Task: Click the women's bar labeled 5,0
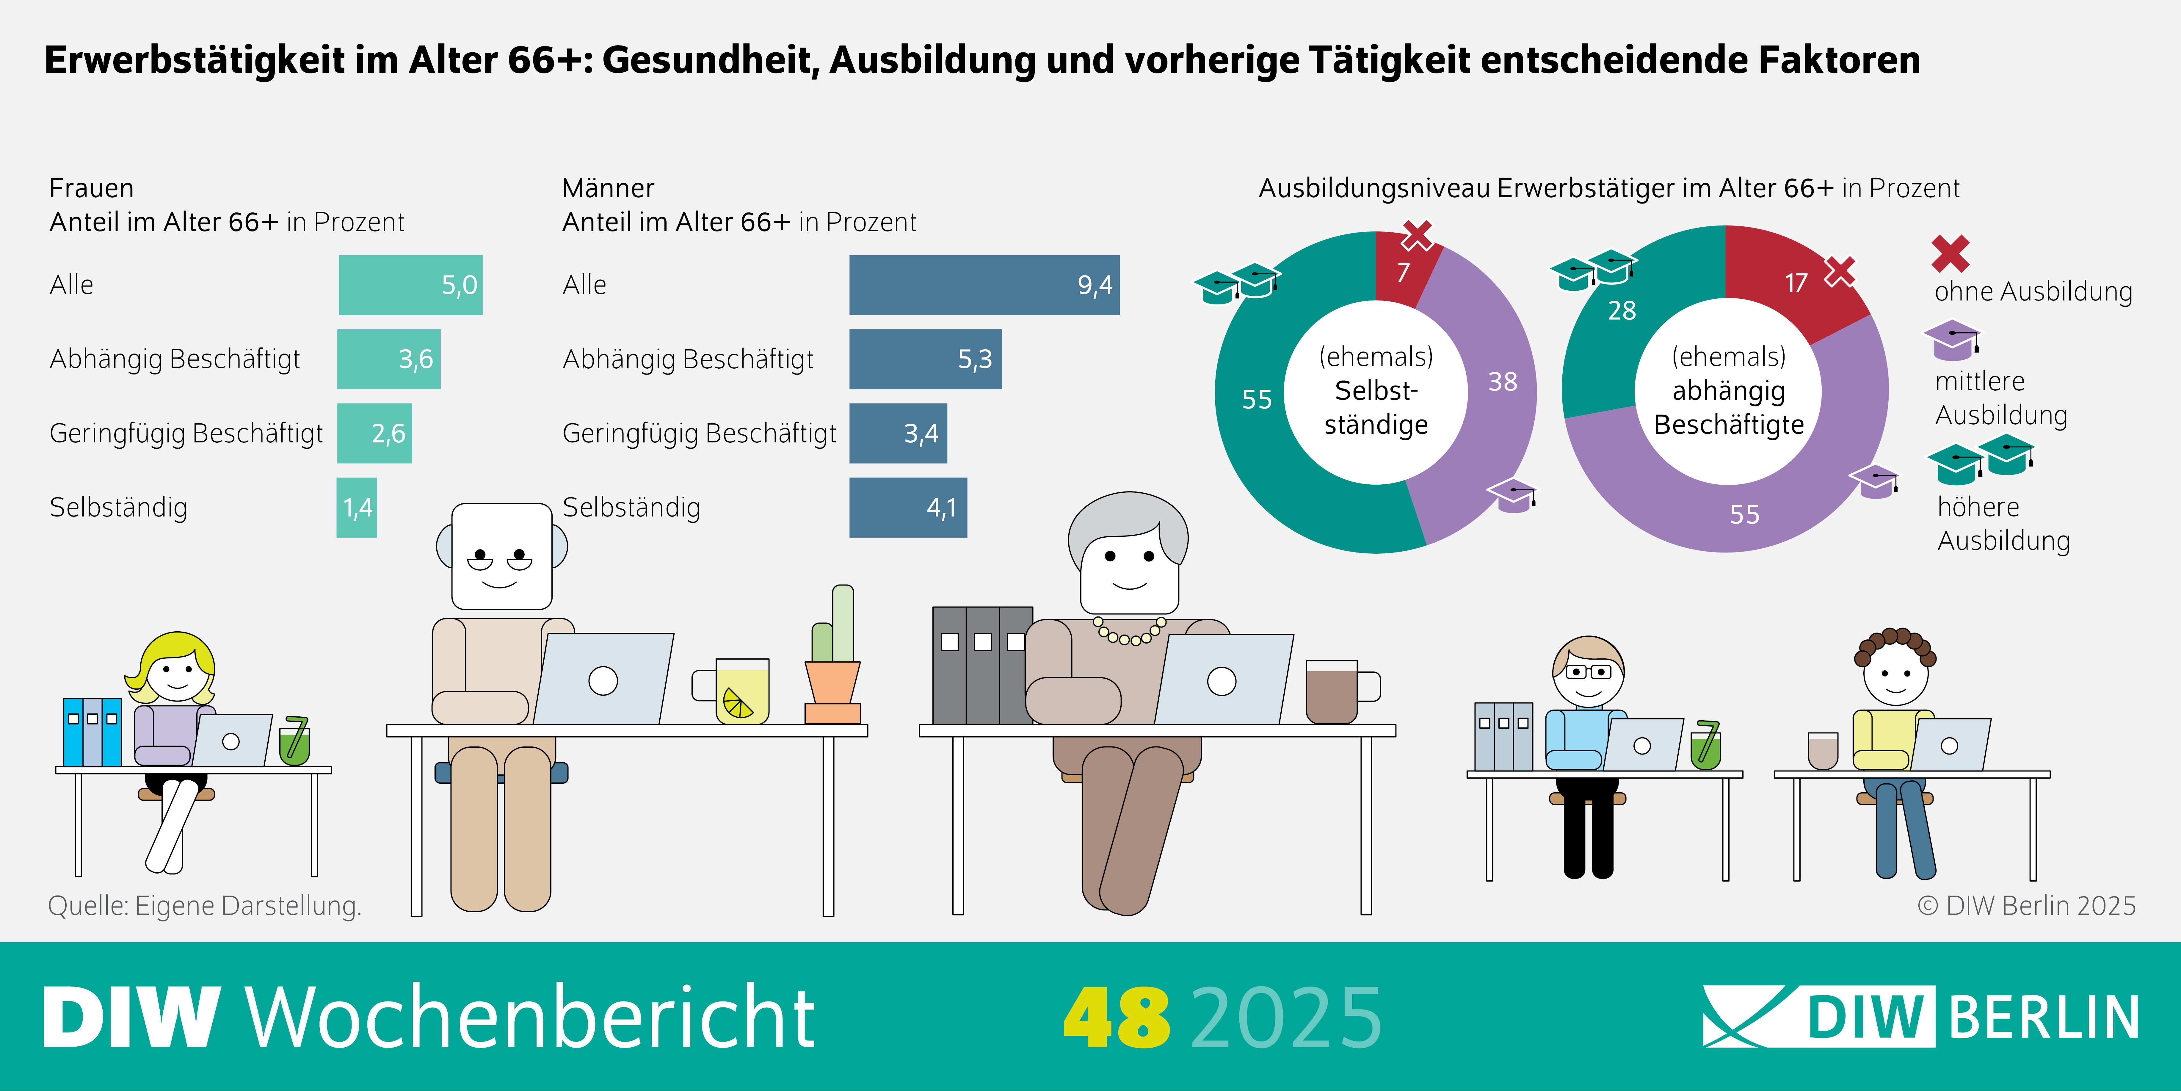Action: pyautogui.click(x=411, y=285)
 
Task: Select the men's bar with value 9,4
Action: pyautogui.click(x=984, y=285)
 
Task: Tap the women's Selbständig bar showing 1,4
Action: pyautogui.click(x=356, y=507)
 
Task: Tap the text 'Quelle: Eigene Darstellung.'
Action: pyautogui.click(x=205, y=905)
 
